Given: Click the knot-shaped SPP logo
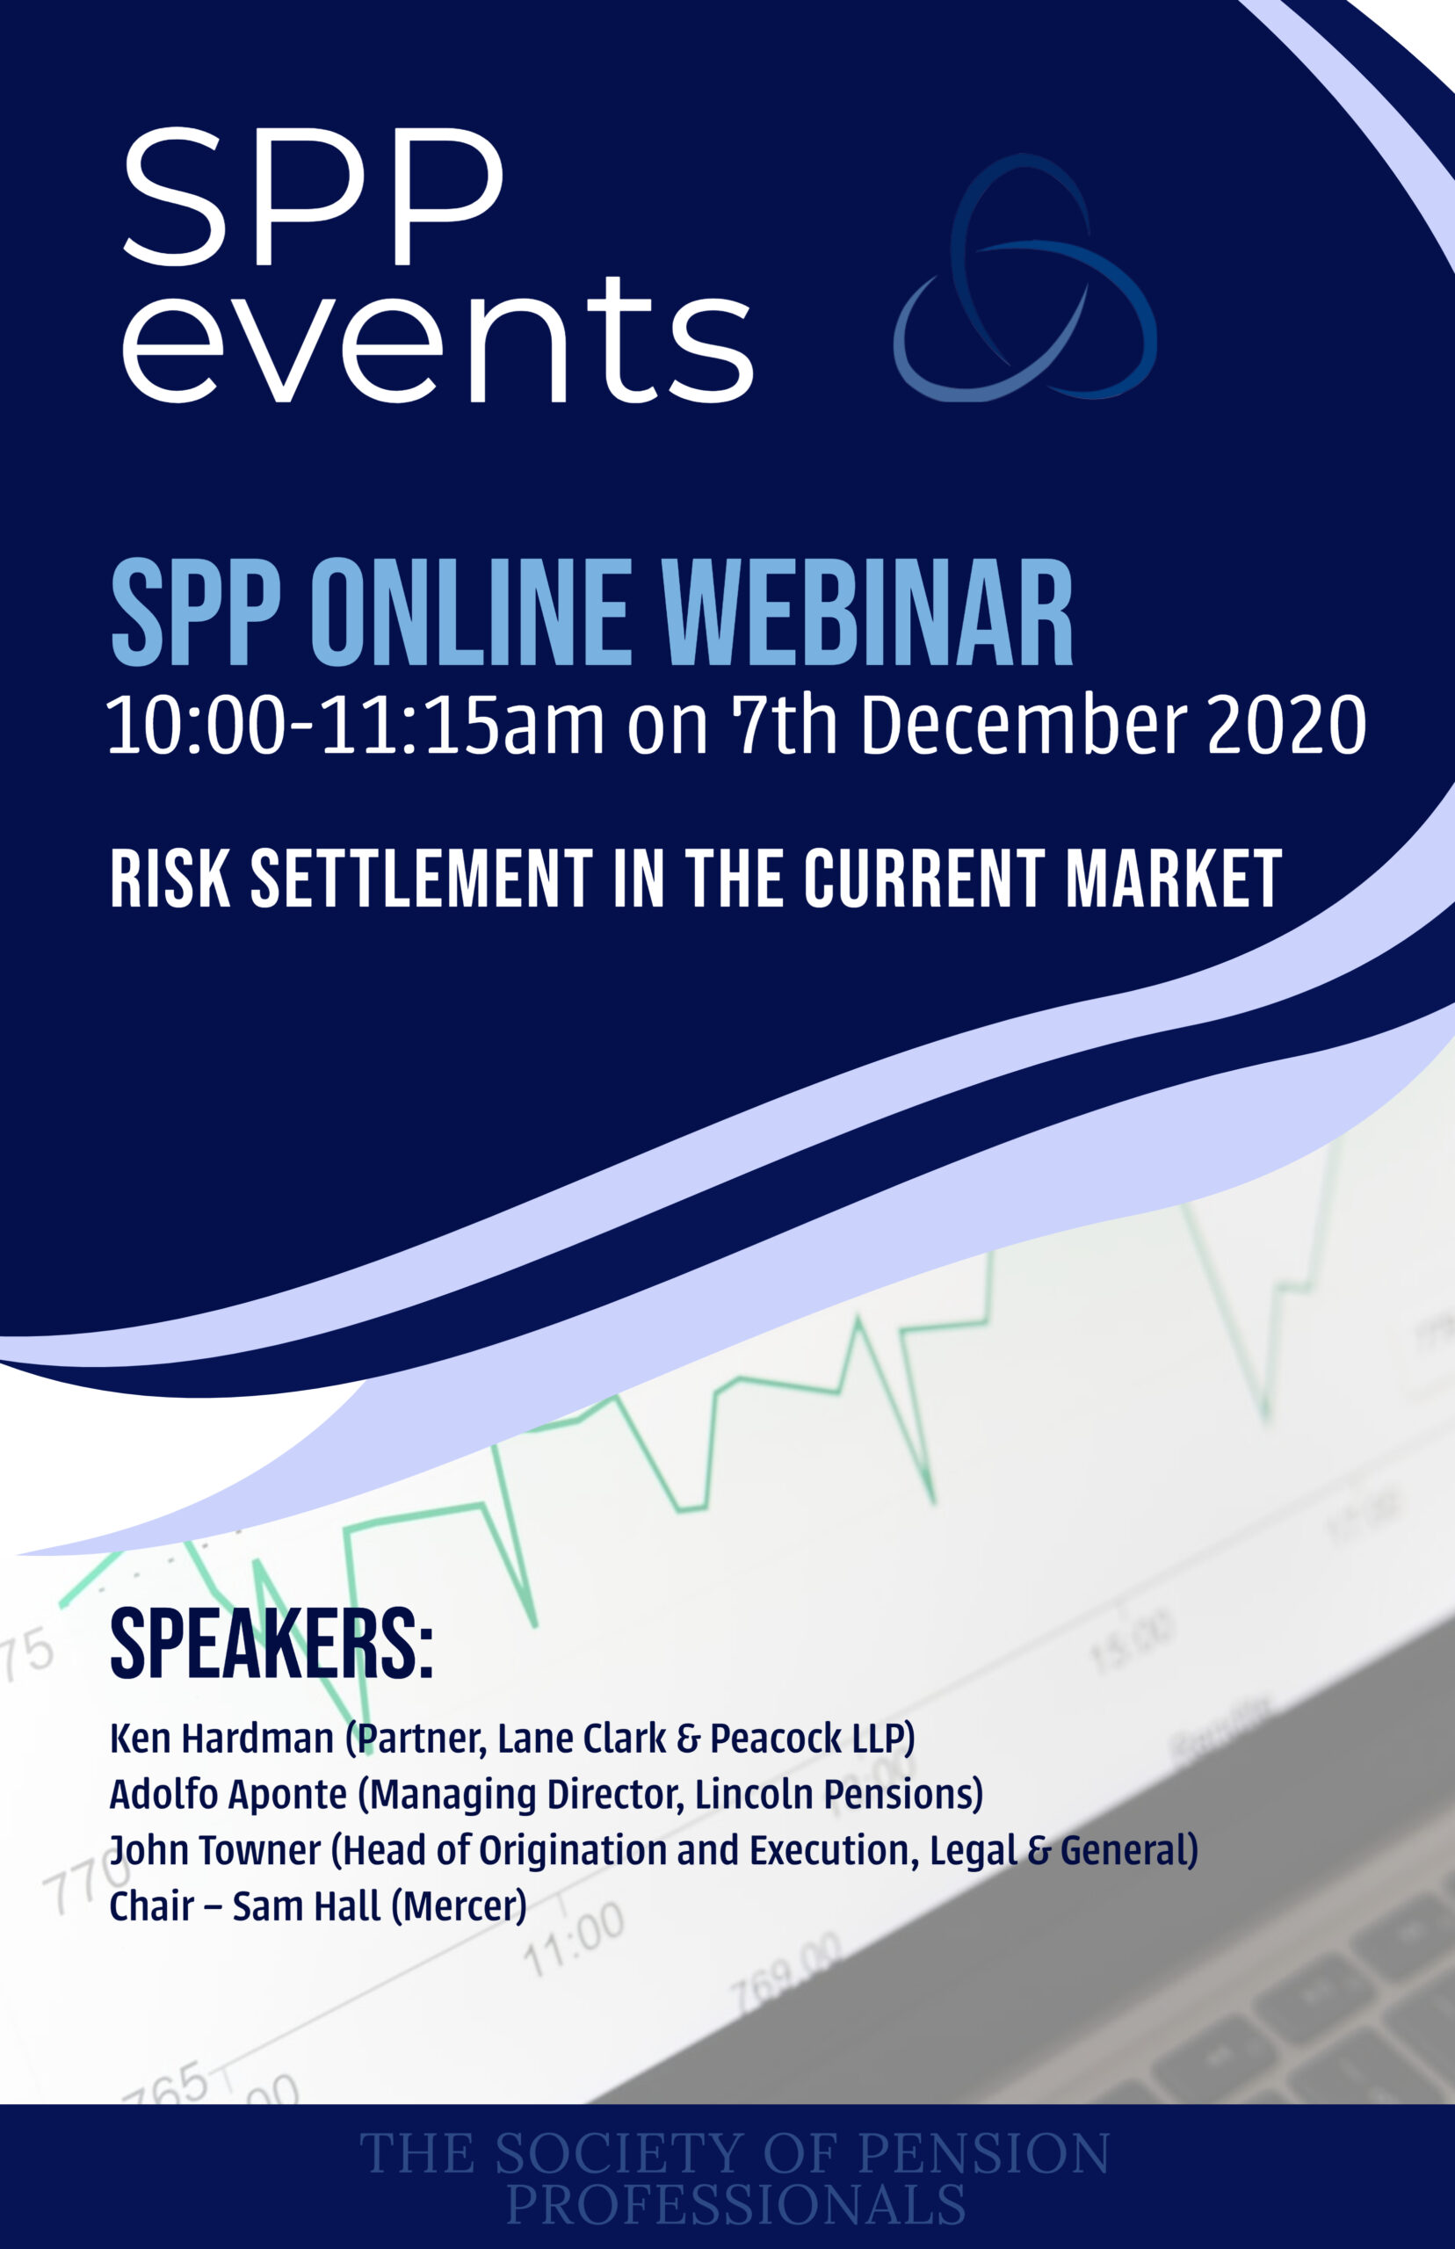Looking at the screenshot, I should click(1025, 278).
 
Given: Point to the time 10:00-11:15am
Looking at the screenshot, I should click(355, 726).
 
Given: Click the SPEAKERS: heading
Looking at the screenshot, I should click(271, 1645).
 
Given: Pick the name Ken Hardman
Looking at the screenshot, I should click(221, 1738).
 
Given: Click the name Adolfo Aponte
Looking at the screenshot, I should click(228, 1794).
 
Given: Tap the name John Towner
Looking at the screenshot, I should click(214, 1849).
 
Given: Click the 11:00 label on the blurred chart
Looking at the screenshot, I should click(574, 1938).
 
